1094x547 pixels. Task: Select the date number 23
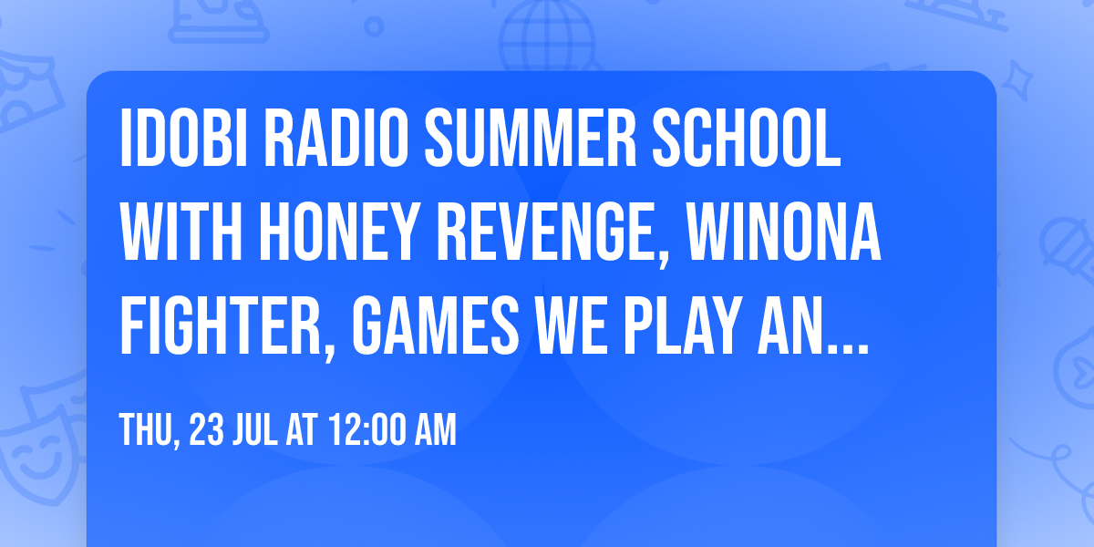coord(205,430)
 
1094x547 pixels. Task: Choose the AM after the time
coord(435,430)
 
